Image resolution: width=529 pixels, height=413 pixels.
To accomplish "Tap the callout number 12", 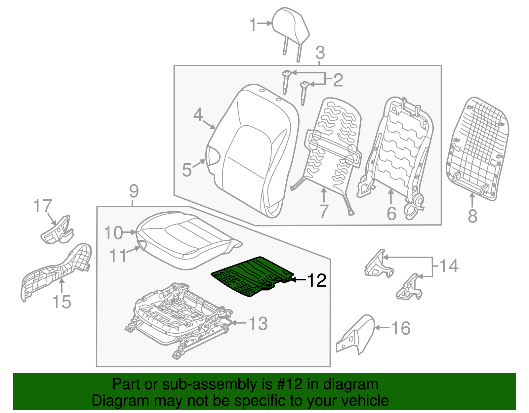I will point(317,280).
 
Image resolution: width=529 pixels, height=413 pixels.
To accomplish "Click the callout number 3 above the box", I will point(320,53).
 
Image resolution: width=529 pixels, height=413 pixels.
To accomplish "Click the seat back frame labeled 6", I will point(397,149).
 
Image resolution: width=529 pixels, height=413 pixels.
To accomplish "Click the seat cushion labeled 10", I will point(185,238).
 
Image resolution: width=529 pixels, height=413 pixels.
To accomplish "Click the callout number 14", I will point(449,266).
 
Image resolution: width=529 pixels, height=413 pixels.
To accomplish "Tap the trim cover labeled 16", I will point(357,334).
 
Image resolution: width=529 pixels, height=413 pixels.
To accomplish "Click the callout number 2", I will point(338,80).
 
